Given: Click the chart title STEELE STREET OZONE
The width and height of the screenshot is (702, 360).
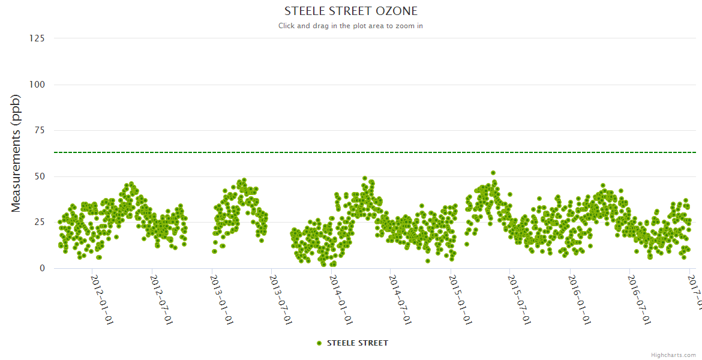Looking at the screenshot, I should point(350,11).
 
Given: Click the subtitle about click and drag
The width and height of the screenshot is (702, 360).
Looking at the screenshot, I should point(350,26).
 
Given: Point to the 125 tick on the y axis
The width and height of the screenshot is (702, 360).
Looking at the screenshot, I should point(37,38).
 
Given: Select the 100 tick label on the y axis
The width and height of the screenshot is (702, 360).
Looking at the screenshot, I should point(37,85).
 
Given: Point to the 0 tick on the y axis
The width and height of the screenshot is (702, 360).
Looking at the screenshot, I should point(42,268).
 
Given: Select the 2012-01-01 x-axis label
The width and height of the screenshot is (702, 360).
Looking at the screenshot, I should point(103,292).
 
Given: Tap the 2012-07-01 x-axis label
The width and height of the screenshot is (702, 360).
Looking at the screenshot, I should point(162,292).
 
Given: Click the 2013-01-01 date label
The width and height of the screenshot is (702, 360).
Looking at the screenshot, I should point(222,292).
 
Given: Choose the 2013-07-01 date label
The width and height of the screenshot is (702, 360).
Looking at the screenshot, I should point(281,292).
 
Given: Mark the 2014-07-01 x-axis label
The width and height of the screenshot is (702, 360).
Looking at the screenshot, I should point(401,292).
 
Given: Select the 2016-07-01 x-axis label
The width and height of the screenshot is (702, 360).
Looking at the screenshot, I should point(640,292).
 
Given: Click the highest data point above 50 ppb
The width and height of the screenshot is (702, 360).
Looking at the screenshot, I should point(493,173).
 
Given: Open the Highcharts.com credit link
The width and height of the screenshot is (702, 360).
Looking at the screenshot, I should point(673,355).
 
